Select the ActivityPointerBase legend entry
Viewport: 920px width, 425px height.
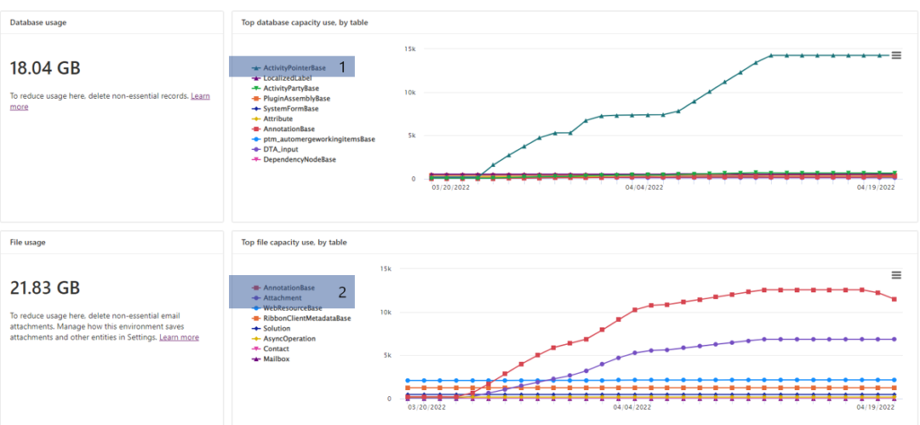pyautogui.click(x=295, y=67)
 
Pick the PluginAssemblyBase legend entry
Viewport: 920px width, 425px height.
pyautogui.click(x=296, y=98)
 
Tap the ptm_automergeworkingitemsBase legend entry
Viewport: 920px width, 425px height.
pyautogui.click(x=319, y=139)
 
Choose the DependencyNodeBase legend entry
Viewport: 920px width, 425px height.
pyautogui.click(x=300, y=159)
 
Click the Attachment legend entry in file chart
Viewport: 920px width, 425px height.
pyautogui.click(x=283, y=297)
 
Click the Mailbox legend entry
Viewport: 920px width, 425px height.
pyautogui.click(x=278, y=359)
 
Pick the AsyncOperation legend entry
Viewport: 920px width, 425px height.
pyautogui.click(x=288, y=339)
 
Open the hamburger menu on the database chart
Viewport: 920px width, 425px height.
pyautogui.click(x=895, y=55)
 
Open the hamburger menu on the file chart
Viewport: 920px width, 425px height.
pyautogui.click(x=895, y=275)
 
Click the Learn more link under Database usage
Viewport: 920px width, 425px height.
pyautogui.click(x=199, y=95)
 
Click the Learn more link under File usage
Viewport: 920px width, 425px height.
pyautogui.click(x=179, y=338)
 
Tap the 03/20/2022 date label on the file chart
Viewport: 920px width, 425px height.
pyautogui.click(x=426, y=407)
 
